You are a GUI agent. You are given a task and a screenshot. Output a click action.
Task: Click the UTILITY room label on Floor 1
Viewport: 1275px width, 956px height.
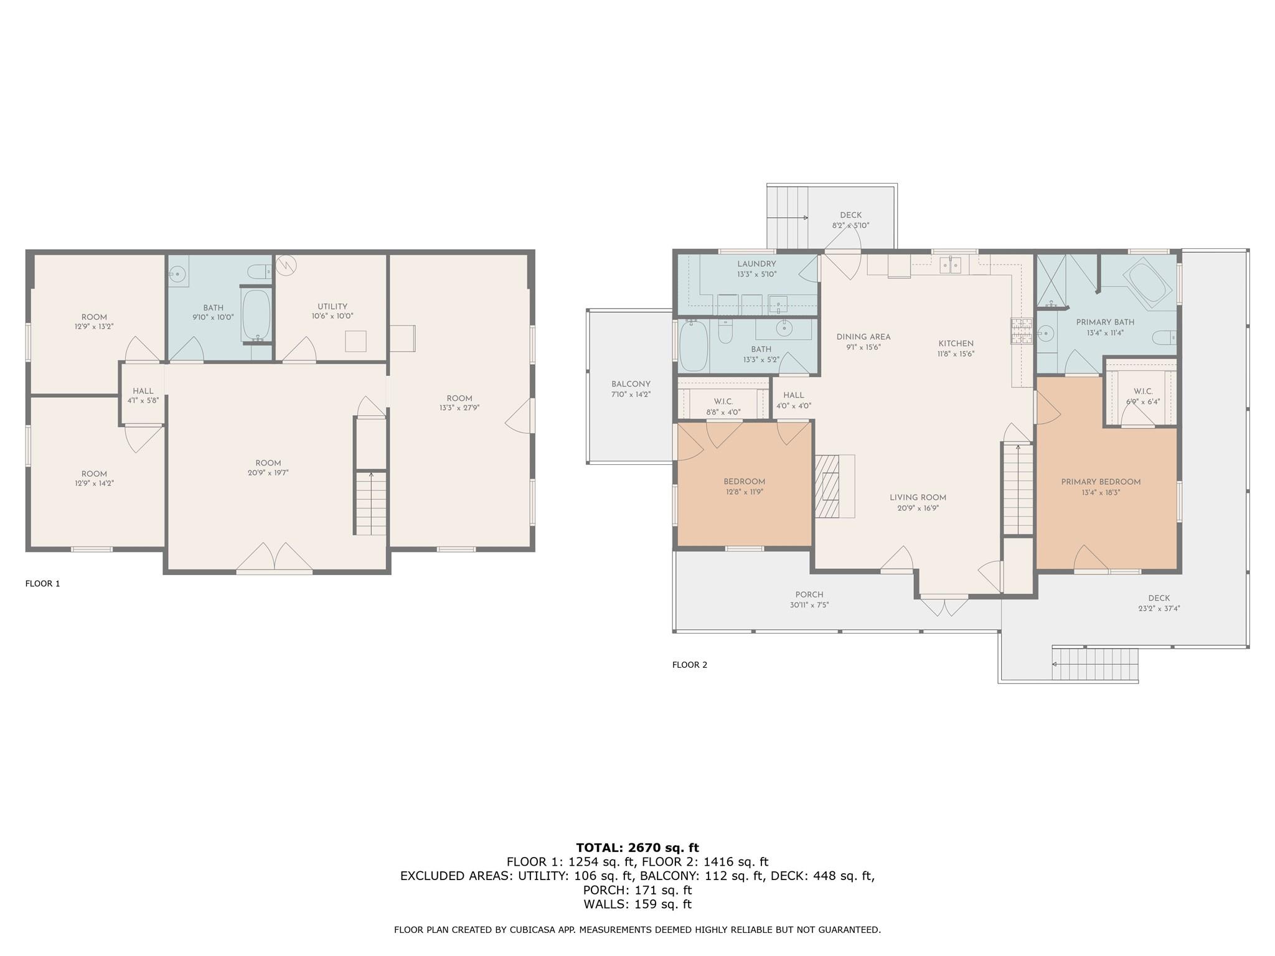point(332,306)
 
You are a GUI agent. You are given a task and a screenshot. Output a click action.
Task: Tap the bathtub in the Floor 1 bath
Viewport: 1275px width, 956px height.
point(256,314)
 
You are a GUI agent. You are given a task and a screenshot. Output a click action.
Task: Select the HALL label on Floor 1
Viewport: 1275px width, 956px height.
point(143,391)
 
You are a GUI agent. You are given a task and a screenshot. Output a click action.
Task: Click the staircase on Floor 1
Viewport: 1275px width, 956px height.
point(371,503)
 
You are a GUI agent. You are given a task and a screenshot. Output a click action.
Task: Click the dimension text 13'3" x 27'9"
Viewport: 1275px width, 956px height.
point(459,408)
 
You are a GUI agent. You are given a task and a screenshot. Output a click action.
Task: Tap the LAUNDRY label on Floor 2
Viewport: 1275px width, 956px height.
point(756,264)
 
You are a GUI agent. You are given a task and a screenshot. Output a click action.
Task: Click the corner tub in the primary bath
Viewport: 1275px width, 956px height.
point(1150,283)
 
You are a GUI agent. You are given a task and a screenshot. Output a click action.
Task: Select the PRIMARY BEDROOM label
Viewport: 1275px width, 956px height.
point(1101,482)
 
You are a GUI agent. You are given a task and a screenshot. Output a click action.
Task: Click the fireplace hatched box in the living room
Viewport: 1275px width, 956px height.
point(827,486)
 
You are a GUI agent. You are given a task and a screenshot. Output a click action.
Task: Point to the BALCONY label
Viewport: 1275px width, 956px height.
point(631,384)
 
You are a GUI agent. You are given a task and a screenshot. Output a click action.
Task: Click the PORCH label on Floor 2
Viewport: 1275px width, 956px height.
point(809,594)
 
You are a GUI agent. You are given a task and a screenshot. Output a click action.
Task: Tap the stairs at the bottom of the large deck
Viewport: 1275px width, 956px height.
point(1095,664)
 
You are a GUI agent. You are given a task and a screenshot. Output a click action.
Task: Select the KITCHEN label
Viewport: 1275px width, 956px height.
point(956,343)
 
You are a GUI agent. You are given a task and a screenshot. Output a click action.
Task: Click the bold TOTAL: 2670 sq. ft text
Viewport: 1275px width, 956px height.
point(637,848)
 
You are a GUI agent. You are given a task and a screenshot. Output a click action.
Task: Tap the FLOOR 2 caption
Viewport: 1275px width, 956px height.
point(689,665)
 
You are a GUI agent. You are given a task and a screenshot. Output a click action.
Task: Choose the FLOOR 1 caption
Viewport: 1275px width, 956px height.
point(42,583)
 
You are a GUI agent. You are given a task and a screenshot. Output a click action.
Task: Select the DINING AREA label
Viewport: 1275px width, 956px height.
point(863,337)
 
